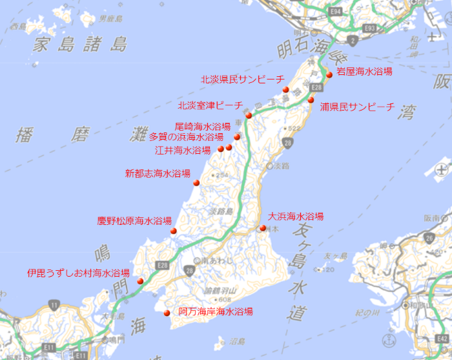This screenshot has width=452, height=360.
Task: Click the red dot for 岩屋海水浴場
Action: click(x=329, y=74)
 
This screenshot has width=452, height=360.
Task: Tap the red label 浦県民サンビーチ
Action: click(x=356, y=107)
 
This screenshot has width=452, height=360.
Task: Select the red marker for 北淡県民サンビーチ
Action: click(x=285, y=89)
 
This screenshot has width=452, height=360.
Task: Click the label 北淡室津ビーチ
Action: click(x=211, y=105)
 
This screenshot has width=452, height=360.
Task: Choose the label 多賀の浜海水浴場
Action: click(x=186, y=137)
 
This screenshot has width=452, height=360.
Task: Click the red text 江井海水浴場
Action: click(x=183, y=150)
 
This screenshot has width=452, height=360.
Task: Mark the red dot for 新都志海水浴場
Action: click(x=197, y=182)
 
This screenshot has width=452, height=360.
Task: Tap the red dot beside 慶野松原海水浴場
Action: click(x=173, y=231)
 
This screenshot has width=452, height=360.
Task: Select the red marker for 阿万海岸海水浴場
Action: click(x=167, y=313)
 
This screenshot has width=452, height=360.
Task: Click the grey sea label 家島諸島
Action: click(x=81, y=45)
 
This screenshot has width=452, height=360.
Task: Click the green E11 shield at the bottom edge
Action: click(x=80, y=355)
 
